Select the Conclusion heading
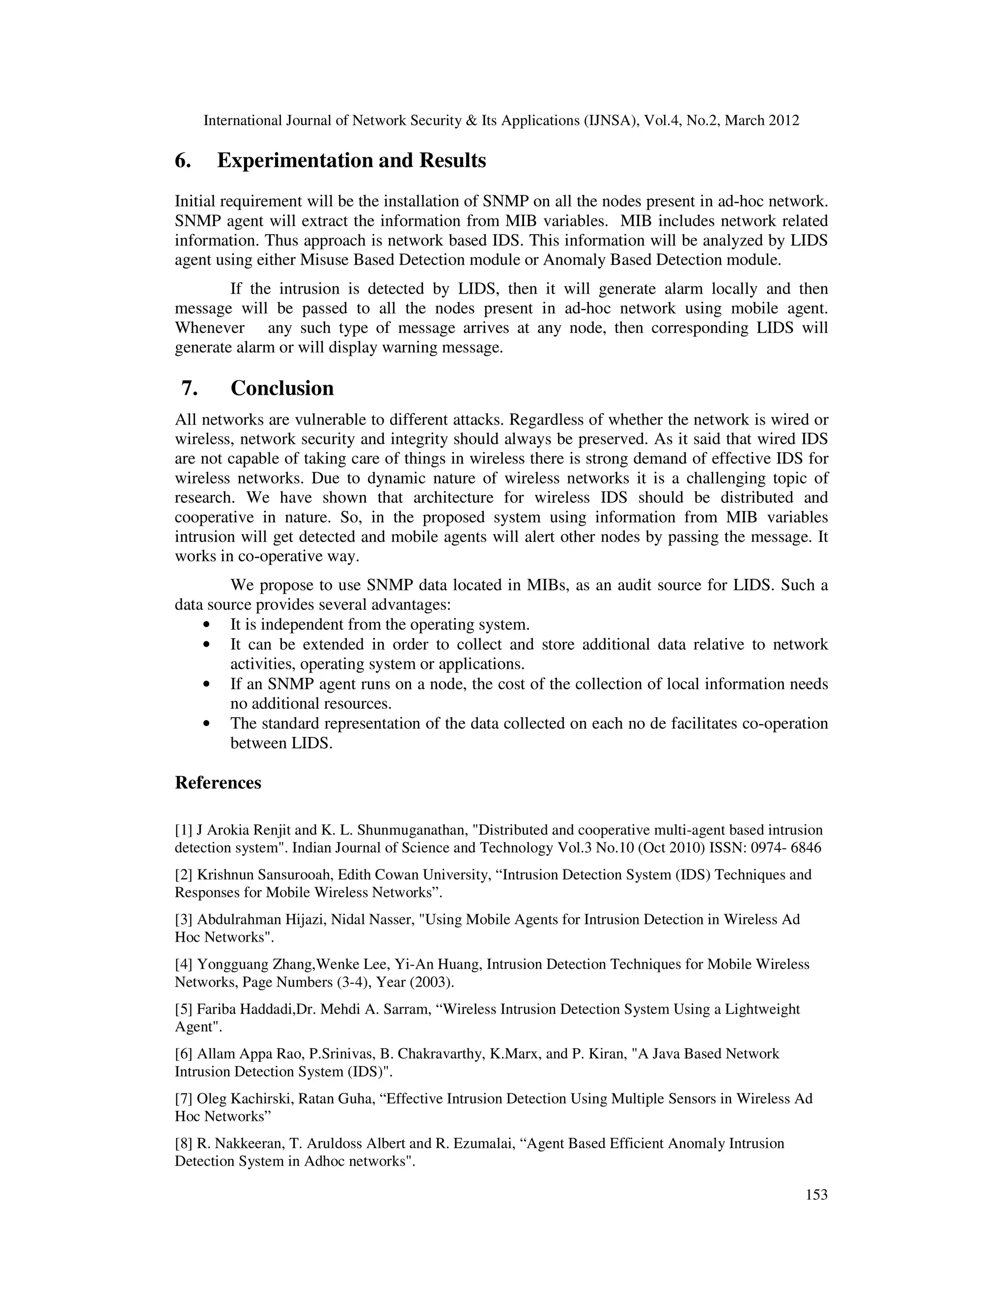(282, 388)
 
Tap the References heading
(218, 782)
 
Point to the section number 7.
(189, 388)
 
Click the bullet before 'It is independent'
(206, 625)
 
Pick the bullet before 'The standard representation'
(206, 724)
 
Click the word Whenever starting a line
(209, 328)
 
